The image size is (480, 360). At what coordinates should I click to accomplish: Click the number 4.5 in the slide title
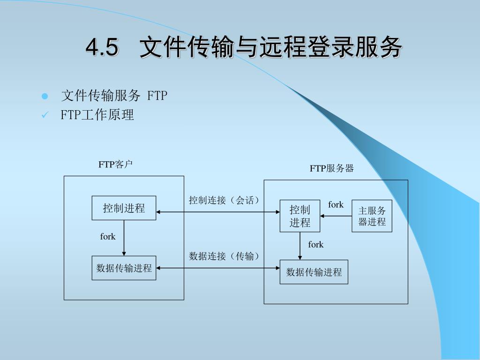click(101, 47)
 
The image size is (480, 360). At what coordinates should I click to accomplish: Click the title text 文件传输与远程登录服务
click(270, 47)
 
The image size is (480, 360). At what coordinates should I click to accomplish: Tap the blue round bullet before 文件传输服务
click(45, 97)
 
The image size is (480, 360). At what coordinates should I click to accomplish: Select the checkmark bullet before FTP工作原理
click(45, 115)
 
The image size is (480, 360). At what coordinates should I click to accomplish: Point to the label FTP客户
click(115, 165)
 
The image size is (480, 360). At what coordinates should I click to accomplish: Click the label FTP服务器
click(331, 168)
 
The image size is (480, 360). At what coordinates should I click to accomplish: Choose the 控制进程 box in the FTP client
click(124, 208)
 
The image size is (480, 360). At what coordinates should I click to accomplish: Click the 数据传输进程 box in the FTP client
click(124, 268)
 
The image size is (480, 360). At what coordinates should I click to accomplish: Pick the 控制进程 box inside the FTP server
click(300, 216)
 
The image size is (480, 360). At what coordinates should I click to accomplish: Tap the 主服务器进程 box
click(372, 216)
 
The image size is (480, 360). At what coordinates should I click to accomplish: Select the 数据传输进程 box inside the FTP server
click(314, 272)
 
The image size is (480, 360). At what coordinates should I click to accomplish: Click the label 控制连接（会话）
click(225, 201)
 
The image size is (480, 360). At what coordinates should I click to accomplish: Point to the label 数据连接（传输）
click(225, 256)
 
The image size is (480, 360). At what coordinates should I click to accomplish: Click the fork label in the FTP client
click(108, 237)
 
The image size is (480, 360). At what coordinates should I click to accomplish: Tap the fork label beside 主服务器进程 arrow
click(336, 205)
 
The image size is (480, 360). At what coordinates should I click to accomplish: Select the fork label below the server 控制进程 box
click(315, 245)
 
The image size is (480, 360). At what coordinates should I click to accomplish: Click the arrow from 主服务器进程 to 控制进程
click(336, 216)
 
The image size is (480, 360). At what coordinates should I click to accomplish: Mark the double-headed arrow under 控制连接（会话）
click(218, 212)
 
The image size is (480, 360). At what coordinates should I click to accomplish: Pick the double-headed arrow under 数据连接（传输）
click(218, 268)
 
